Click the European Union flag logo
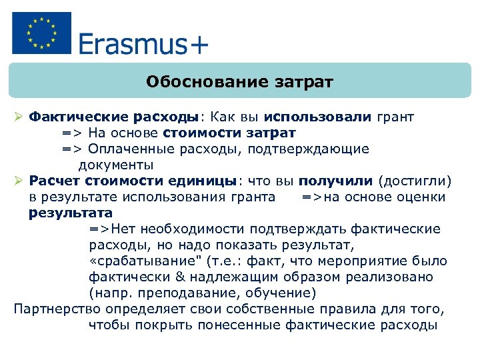point(41,33)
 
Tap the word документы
point(116,165)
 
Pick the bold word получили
point(336,181)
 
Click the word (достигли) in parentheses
point(415,181)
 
